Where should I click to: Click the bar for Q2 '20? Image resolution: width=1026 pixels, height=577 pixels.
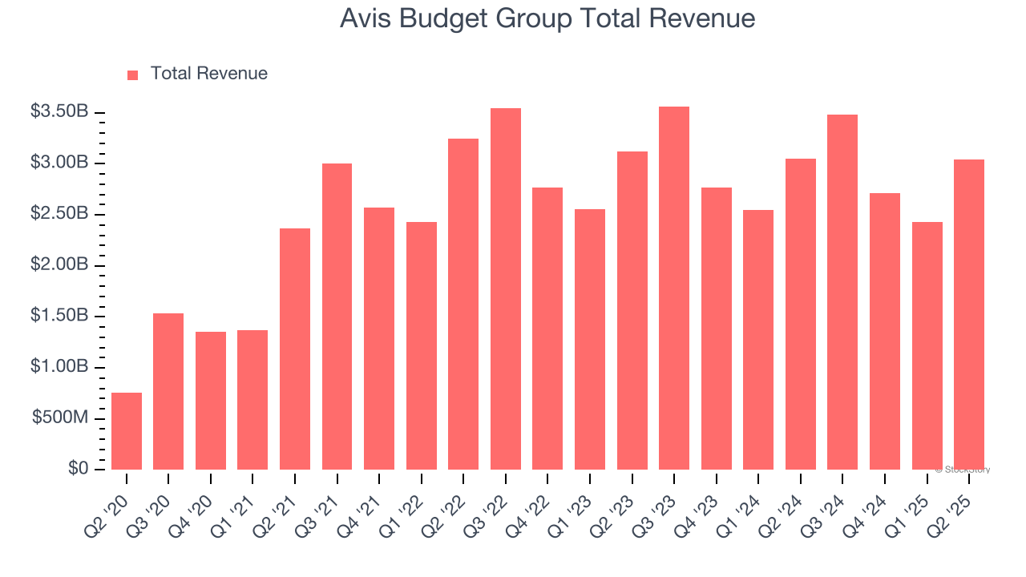click(127, 431)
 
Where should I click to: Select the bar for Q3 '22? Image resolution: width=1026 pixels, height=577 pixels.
click(506, 288)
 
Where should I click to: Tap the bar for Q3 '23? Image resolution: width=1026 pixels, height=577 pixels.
click(674, 288)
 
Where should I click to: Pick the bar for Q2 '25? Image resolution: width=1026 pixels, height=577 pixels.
click(969, 314)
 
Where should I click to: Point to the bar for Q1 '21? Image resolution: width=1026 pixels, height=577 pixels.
click(252, 400)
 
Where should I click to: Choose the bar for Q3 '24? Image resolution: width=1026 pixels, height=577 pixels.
click(842, 292)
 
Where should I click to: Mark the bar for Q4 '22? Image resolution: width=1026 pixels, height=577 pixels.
click(548, 329)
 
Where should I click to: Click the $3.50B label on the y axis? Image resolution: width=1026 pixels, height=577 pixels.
click(59, 112)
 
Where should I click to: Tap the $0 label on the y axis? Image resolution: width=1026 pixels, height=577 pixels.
click(77, 469)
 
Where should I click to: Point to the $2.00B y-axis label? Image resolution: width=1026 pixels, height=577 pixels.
click(59, 265)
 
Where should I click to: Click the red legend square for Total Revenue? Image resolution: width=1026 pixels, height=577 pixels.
click(133, 75)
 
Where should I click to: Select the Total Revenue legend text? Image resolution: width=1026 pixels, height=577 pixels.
click(209, 74)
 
